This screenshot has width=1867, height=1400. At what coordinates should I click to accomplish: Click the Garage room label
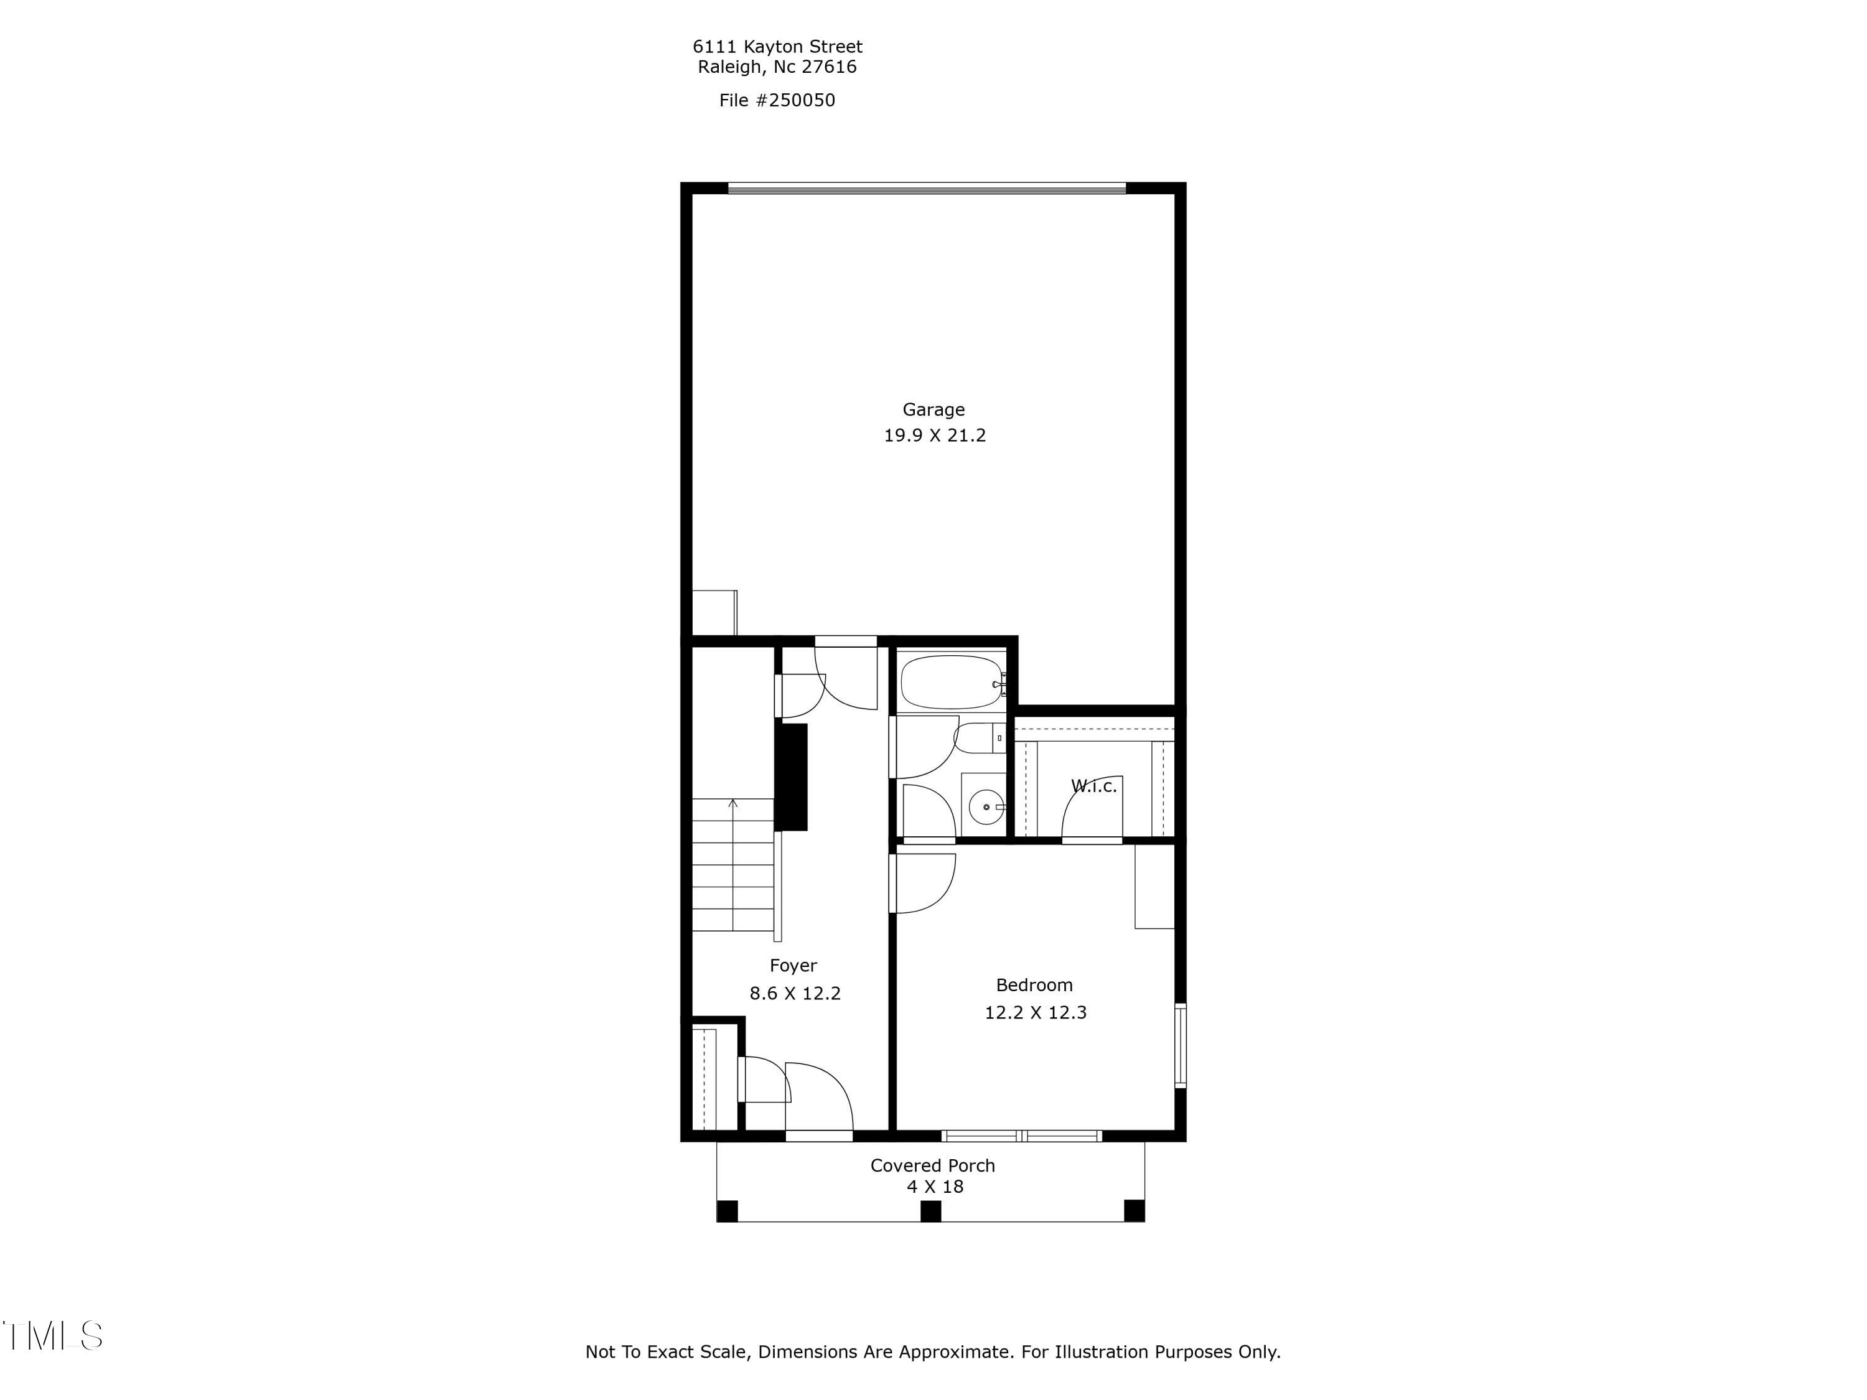tap(933, 409)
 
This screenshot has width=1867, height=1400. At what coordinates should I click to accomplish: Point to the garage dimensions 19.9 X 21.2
tap(934, 436)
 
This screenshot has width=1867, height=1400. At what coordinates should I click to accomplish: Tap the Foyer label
tap(793, 966)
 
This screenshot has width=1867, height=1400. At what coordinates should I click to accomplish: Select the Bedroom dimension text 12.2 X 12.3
tap(1035, 1012)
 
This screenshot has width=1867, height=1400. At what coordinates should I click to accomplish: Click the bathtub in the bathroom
tap(951, 682)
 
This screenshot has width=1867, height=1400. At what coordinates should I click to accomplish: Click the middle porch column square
tap(930, 1211)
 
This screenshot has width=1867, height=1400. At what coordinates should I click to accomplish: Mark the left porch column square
tap(727, 1211)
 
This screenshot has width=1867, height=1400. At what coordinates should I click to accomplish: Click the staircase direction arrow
tap(732, 804)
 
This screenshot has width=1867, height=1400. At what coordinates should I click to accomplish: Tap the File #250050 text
tap(777, 100)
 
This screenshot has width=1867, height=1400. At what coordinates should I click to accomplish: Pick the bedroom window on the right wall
tap(1180, 1045)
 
